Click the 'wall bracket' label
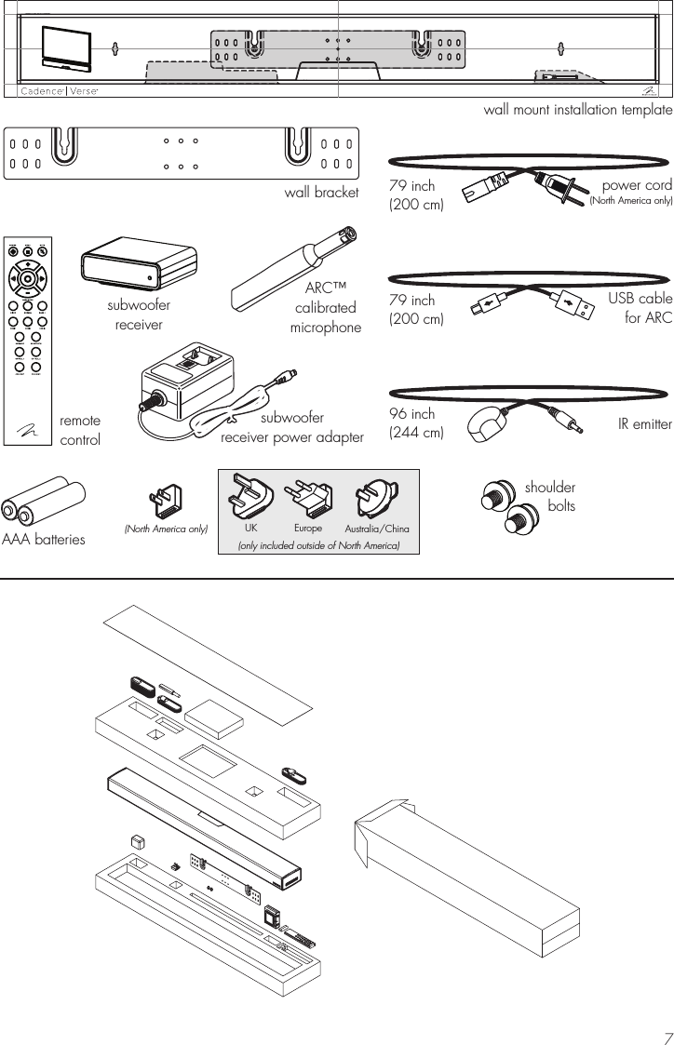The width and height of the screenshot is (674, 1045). [x=321, y=193]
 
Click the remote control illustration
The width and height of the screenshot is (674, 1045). [x=30, y=342]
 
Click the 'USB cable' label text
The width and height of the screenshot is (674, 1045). [x=640, y=300]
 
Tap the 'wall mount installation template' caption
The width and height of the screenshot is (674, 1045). [x=577, y=110]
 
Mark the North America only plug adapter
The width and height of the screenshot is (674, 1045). [x=167, y=502]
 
